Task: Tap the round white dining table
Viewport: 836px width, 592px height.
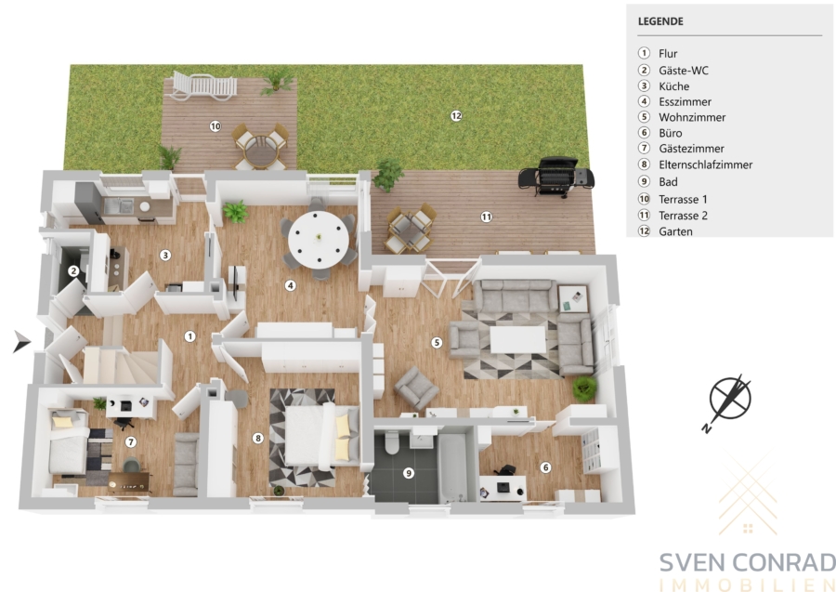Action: [319, 240]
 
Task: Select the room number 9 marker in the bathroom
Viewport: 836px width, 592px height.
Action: [409, 473]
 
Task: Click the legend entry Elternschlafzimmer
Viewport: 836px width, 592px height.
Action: [705, 164]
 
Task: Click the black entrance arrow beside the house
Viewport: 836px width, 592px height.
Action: [22, 341]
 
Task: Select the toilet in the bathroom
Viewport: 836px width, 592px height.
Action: [392, 442]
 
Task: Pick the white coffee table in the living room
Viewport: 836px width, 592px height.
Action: [517, 340]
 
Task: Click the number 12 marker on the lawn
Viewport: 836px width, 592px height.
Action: [456, 116]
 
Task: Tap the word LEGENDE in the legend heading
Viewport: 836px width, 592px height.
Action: [660, 21]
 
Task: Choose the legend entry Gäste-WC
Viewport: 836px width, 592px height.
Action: [684, 71]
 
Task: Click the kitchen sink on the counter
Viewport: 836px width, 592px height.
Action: [118, 205]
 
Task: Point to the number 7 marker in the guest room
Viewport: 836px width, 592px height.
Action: [131, 442]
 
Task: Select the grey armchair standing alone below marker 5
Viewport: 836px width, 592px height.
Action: [416, 388]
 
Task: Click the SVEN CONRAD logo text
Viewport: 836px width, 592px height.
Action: [748, 562]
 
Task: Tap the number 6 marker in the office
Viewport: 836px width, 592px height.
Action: [545, 467]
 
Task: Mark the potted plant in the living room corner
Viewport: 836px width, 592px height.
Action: [584, 388]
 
